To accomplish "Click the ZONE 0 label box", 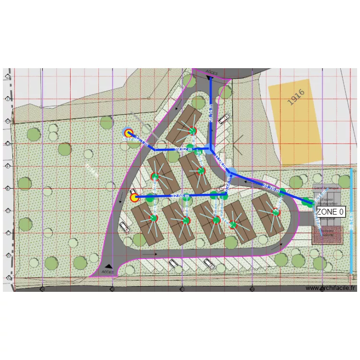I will [x=330, y=211].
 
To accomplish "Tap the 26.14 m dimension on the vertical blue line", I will [x=212, y=113].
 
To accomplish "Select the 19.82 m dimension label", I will [x=183, y=149].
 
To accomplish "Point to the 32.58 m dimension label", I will [x=180, y=196].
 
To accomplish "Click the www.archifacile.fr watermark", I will [x=330, y=288].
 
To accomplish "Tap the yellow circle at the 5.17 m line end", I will [x=128, y=133].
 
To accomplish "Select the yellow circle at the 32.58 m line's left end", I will [x=134, y=197].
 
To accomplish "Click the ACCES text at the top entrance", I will [x=211, y=73].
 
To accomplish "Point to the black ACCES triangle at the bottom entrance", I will [x=109, y=266].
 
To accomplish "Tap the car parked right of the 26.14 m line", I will [x=223, y=118].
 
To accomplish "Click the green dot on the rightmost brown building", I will [x=276, y=212].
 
